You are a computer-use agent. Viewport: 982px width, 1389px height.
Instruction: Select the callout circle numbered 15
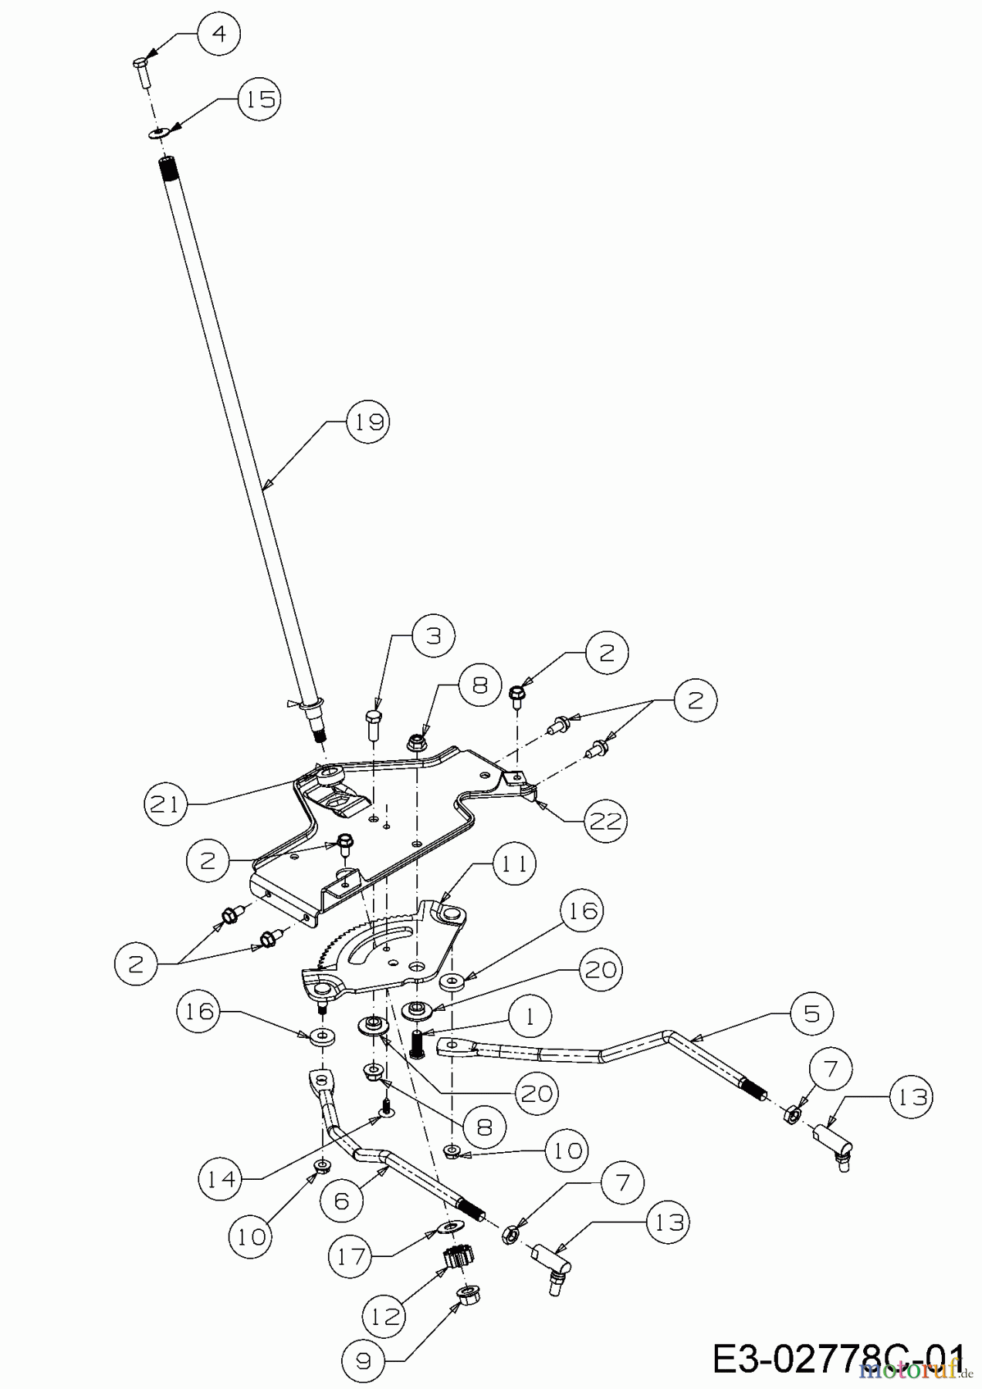[259, 100]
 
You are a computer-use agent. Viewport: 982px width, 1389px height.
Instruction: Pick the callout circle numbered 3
[433, 636]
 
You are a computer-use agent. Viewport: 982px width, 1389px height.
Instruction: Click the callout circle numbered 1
[529, 1016]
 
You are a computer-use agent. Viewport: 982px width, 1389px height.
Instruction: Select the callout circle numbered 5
[811, 1012]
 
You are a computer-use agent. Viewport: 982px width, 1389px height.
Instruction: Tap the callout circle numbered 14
[220, 1178]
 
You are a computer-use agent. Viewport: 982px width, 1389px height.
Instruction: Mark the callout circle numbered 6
[342, 1201]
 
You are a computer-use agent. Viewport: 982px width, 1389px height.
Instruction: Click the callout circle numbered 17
[350, 1256]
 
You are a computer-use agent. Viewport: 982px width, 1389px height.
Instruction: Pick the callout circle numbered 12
[384, 1316]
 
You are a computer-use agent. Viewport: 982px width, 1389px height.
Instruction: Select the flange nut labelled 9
[467, 1295]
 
